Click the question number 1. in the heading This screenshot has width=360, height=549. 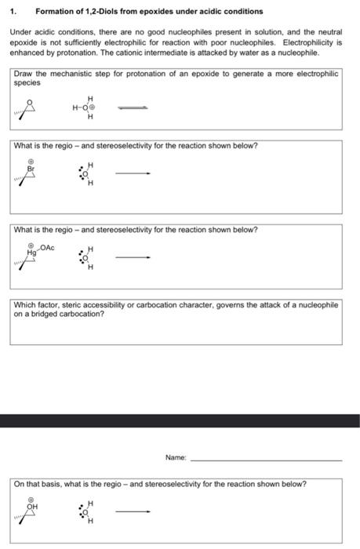(x=13, y=12)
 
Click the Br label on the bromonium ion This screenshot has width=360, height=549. (x=31, y=168)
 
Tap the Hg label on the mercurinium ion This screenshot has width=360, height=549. (x=31, y=253)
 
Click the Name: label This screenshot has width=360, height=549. (x=176, y=456)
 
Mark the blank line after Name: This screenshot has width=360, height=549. (x=267, y=460)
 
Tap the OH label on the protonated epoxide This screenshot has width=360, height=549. (x=31, y=507)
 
